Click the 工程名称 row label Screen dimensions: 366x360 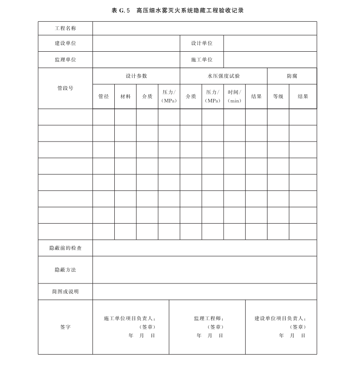[x=65, y=28]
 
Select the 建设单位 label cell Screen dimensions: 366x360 [x=65, y=43]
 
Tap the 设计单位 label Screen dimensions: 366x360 [x=202, y=43]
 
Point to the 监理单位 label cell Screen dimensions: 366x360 [x=65, y=59]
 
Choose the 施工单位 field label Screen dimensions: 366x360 [x=202, y=59]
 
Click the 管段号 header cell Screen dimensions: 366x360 [x=65, y=88]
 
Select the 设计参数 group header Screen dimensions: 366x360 [x=136, y=76]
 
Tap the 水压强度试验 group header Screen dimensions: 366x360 [x=224, y=76]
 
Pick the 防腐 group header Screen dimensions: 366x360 [x=292, y=76]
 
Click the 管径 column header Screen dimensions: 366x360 [x=103, y=96]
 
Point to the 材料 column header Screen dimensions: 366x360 [x=125, y=96]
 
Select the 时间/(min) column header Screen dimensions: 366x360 [x=234, y=96]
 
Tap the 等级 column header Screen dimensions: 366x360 [x=278, y=96]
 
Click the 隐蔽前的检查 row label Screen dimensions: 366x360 [x=65, y=248]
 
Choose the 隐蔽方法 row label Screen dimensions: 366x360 [x=65, y=269]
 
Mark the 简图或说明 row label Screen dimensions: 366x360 [x=65, y=292]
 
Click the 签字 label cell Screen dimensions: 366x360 [x=65, y=327]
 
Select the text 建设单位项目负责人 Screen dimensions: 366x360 [x=280, y=318]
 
